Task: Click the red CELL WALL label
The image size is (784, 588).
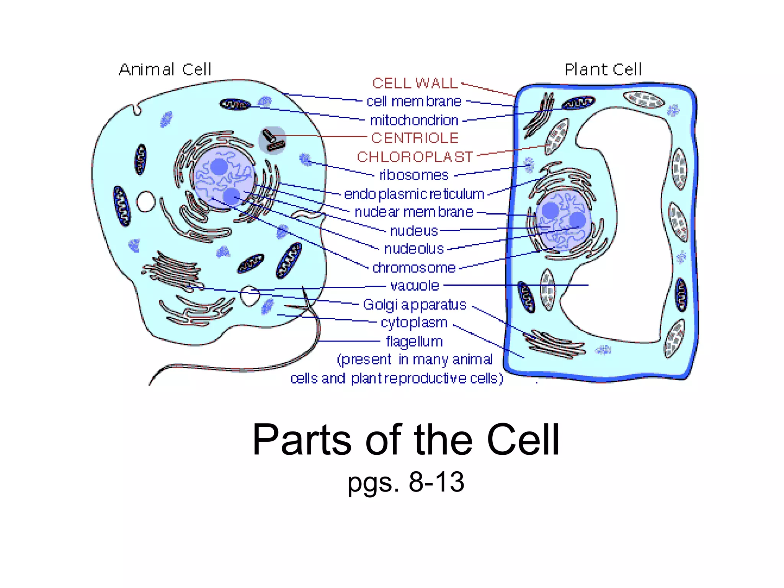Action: coord(415,83)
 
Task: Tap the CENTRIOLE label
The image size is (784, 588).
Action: coord(415,138)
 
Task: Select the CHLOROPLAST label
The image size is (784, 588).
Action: coord(415,157)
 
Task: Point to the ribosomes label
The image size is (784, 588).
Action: coord(414,175)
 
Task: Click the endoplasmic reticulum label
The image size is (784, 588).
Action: coord(414,194)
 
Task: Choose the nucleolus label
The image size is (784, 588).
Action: coord(414,249)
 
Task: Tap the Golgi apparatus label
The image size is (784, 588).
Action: coord(415,305)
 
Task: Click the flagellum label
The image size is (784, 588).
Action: coord(414,341)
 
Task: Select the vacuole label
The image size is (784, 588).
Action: coord(415,286)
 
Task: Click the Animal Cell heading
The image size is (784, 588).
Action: coord(165,70)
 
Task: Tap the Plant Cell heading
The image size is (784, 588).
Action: coord(603,70)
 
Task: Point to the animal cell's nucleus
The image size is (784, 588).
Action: coord(224,178)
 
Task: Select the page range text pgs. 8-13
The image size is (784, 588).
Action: coord(406,482)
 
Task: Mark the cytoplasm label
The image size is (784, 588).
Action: coord(414,323)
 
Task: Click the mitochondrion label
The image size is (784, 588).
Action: coord(414,120)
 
